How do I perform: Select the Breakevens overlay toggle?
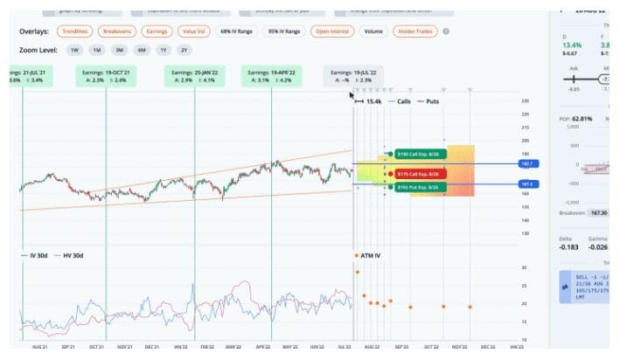pos(117,31)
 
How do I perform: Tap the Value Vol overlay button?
pos(194,31)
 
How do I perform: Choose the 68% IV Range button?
pos(237,31)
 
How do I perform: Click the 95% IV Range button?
pos(283,31)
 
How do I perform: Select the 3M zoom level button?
pos(118,50)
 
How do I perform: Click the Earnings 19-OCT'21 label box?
pos(107,76)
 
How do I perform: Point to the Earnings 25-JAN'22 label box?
pos(192,76)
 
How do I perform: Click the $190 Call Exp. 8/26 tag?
pos(421,154)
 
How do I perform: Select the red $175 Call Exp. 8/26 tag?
pos(421,174)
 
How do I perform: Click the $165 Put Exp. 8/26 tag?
pos(421,187)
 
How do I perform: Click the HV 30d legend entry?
pos(71,255)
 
